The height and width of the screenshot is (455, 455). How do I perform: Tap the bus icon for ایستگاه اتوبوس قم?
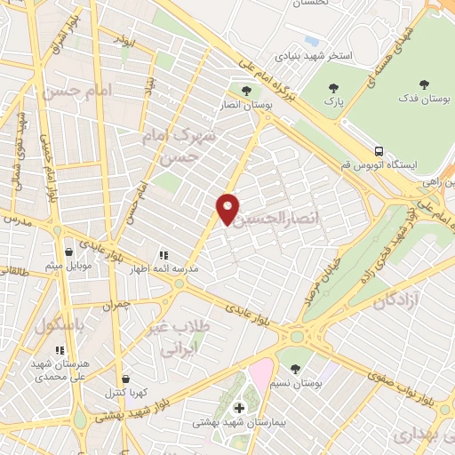click(x=379, y=151)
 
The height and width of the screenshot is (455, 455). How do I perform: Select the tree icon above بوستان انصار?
click(x=247, y=90)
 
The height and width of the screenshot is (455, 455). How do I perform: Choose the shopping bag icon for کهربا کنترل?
click(x=124, y=379)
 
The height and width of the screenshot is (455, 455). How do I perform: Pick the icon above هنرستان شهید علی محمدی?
click(x=59, y=351)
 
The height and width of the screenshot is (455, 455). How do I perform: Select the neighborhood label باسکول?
click(x=61, y=326)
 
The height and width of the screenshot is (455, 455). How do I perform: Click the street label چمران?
click(x=116, y=305)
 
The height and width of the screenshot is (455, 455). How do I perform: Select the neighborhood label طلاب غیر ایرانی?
click(x=188, y=339)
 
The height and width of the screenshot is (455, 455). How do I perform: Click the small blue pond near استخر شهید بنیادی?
click(x=310, y=40)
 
